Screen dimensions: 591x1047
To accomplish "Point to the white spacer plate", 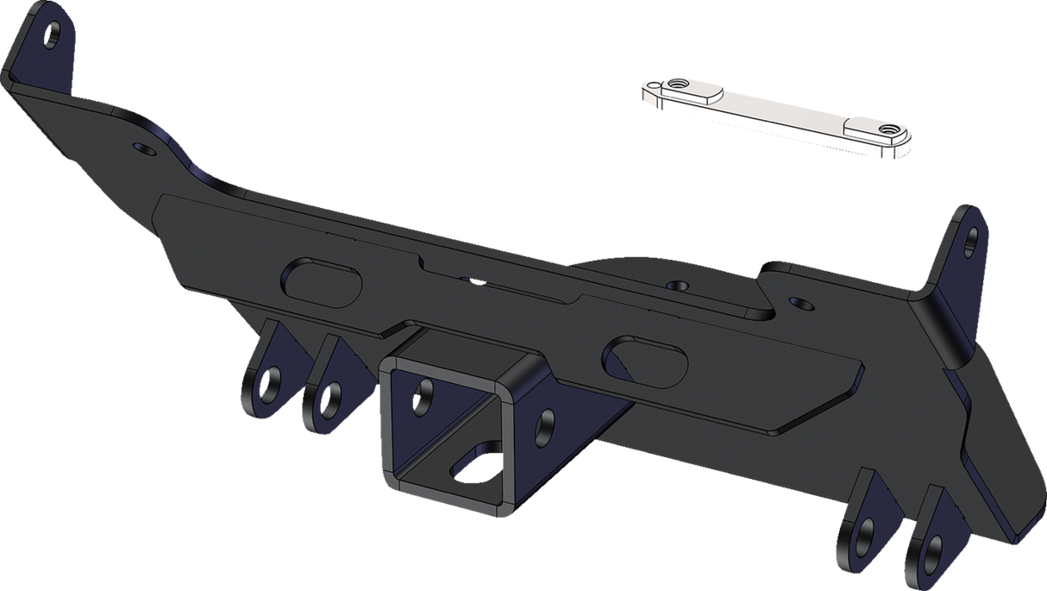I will [776, 116].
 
